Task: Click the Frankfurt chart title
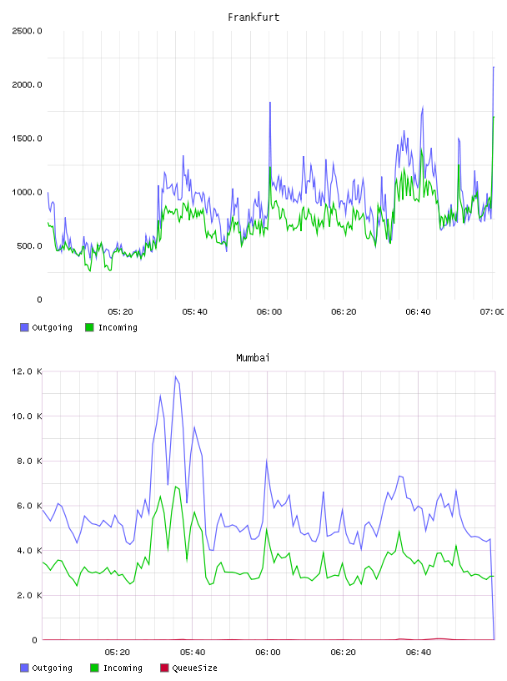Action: click(x=254, y=18)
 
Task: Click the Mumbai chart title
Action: click(x=253, y=358)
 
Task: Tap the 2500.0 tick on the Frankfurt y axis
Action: click(x=27, y=31)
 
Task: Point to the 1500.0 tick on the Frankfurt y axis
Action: click(x=27, y=139)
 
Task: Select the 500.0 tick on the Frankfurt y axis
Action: click(x=29, y=246)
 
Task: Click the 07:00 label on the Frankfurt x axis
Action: click(x=492, y=312)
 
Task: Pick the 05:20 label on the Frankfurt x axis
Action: click(x=120, y=312)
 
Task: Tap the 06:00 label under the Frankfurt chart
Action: click(x=269, y=312)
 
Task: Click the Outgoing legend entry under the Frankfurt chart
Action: click(x=46, y=327)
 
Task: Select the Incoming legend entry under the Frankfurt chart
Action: click(x=111, y=327)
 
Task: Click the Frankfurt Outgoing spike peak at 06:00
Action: click(x=270, y=103)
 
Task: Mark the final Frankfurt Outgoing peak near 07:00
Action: click(x=494, y=68)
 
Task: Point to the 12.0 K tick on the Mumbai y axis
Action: click(x=27, y=371)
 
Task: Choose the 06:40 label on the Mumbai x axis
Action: click(x=419, y=653)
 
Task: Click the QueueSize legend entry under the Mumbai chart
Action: click(x=188, y=668)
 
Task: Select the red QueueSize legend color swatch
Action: click(x=164, y=668)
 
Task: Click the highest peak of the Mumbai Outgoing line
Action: click(x=175, y=376)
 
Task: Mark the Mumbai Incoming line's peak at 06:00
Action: click(x=267, y=528)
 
